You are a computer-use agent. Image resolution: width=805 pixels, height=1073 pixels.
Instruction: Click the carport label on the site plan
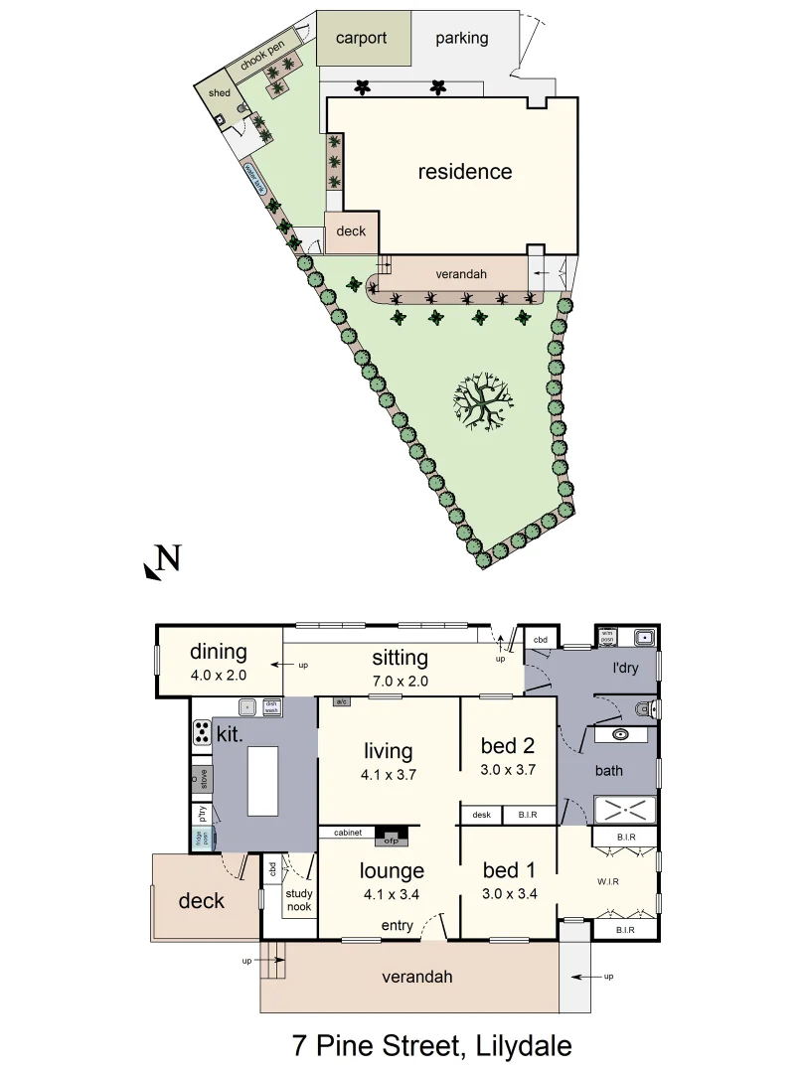[361, 39]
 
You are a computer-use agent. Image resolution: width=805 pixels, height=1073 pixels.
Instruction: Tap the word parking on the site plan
[462, 39]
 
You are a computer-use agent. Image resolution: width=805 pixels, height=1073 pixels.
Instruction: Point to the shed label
[219, 93]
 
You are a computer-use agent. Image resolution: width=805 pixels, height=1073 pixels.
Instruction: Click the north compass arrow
[162, 563]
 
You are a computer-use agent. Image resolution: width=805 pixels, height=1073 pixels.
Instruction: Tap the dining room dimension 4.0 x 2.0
[218, 675]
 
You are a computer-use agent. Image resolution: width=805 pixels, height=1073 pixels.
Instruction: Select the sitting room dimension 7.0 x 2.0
[400, 681]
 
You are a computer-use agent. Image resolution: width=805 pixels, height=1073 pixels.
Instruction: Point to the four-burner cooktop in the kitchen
[200, 733]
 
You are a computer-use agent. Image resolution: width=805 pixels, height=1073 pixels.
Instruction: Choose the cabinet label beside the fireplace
[346, 833]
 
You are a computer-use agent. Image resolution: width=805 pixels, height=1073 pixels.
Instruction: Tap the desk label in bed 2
[482, 816]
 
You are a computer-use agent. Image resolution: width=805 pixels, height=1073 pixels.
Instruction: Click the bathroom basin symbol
[623, 735]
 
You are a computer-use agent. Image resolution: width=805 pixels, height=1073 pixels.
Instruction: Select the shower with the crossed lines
[624, 809]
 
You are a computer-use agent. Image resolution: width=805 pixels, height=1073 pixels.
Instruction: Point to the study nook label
[298, 900]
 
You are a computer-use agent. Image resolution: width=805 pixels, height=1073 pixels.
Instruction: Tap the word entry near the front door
[399, 927]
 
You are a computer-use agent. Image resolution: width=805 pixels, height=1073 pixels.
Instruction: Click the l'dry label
[626, 668]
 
